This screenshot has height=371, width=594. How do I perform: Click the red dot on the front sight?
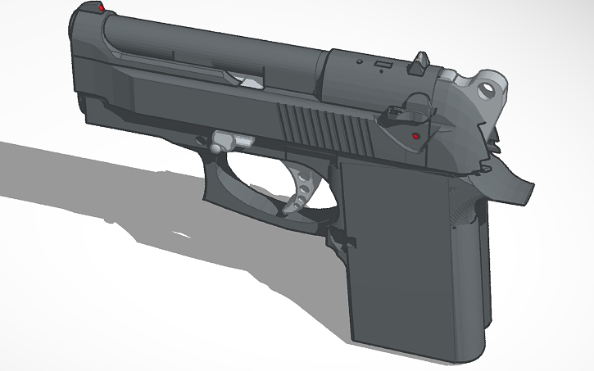[x=101, y=7]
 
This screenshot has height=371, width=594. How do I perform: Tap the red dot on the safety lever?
[x=416, y=136]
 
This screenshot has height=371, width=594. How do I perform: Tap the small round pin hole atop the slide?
[x=359, y=61]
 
